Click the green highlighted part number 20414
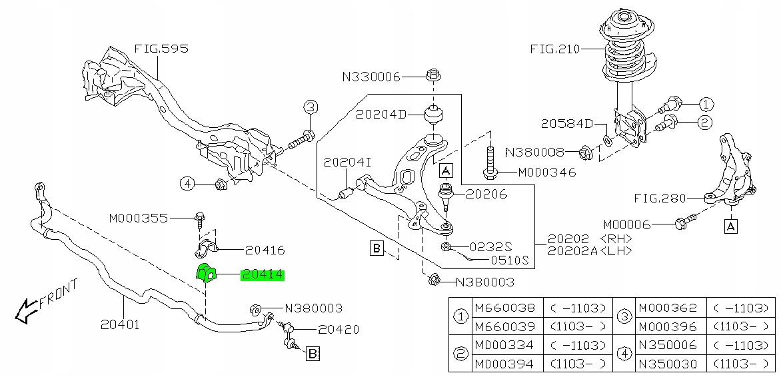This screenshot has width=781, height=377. pyautogui.click(x=262, y=274)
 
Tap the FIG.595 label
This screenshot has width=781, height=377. pyautogui.click(x=161, y=49)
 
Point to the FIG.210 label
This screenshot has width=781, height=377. pyautogui.click(x=555, y=49)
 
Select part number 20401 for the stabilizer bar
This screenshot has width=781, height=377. pyautogui.click(x=120, y=325)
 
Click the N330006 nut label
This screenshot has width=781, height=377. pyautogui.click(x=371, y=77)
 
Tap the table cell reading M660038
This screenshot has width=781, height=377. pyautogui.click(x=504, y=308)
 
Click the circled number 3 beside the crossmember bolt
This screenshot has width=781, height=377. pyautogui.click(x=311, y=107)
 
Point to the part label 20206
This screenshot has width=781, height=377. pyautogui.click(x=486, y=194)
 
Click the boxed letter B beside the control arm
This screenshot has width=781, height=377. pyautogui.click(x=376, y=249)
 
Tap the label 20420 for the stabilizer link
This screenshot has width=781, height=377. pyautogui.click(x=339, y=329)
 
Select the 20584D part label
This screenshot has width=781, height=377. pyautogui.click(x=566, y=123)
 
